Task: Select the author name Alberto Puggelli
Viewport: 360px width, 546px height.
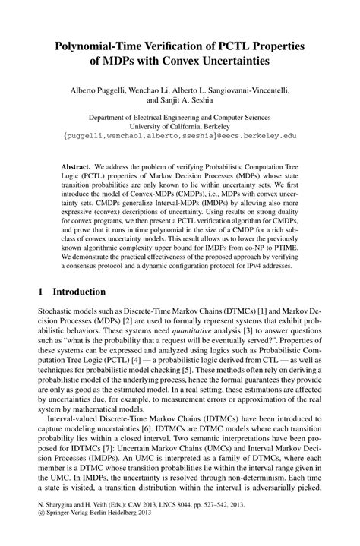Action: point(104,89)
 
